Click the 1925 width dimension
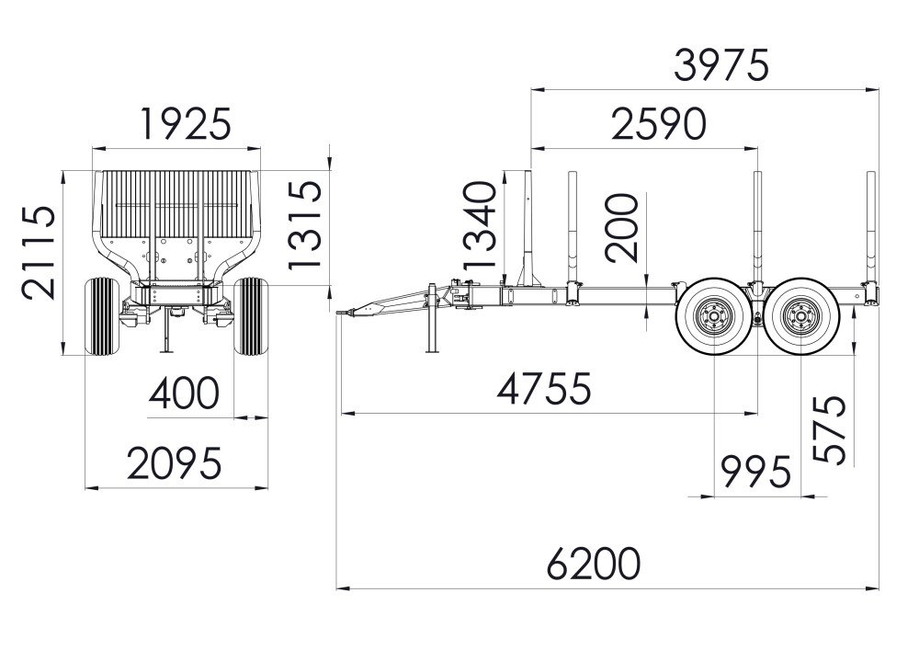(x=187, y=124)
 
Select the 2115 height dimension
(x=39, y=253)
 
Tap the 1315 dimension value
(x=305, y=224)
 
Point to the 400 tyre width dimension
(x=184, y=393)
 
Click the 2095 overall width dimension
(x=175, y=463)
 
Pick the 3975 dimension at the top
(x=720, y=65)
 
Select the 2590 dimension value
(x=659, y=124)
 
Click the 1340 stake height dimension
(x=480, y=225)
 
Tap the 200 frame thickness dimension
(x=621, y=227)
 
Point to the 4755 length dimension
(x=544, y=388)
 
